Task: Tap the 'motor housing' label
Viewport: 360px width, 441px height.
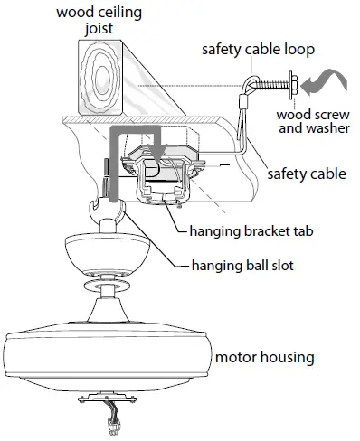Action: (264, 358)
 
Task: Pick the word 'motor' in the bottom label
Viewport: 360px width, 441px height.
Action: (237, 358)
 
